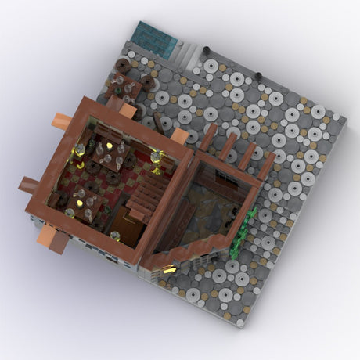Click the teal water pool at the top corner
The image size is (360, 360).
pyautogui.click(x=155, y=35)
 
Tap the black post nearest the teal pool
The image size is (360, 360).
pyautogui.click(x=206, y=49)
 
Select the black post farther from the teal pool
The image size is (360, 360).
pyautogui.click(x=257, y=75)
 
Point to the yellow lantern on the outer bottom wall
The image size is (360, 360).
pyautogui.click(x=167, y=269)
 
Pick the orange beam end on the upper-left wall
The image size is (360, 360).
pyautogui.click(x=63, y=121)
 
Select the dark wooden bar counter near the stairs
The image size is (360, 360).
pyautogui.click(x=125, y=227)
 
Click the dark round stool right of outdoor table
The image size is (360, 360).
pyautogui.click(x=147, y=81)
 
